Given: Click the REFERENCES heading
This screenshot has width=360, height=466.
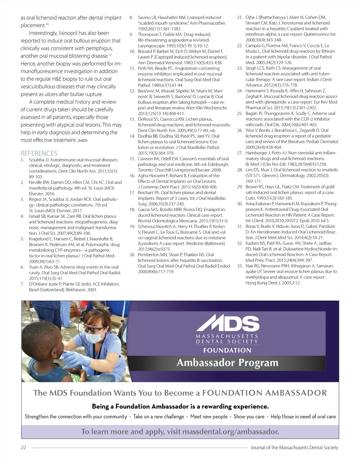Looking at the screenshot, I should point(39,153).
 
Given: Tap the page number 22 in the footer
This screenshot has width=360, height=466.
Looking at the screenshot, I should point(23,447).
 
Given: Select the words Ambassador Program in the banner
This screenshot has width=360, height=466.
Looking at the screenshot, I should point(227,363).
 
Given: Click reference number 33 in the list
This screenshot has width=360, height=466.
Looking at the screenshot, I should point(240,266).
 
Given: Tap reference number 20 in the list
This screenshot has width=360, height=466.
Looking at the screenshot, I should point(132,255).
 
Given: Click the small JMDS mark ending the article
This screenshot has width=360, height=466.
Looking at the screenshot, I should point(83,140).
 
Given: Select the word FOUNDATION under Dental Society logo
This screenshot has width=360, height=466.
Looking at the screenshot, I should point(227,350).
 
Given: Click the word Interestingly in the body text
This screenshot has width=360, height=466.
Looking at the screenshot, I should point(43,33).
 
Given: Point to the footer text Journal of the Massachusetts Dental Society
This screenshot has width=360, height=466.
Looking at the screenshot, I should point(294,447).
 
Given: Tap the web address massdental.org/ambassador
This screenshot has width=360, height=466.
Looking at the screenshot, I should point(230,431).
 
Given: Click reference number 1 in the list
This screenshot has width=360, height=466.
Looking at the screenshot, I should point(22,160).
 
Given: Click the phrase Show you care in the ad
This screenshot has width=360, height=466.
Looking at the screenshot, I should point(249,416).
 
